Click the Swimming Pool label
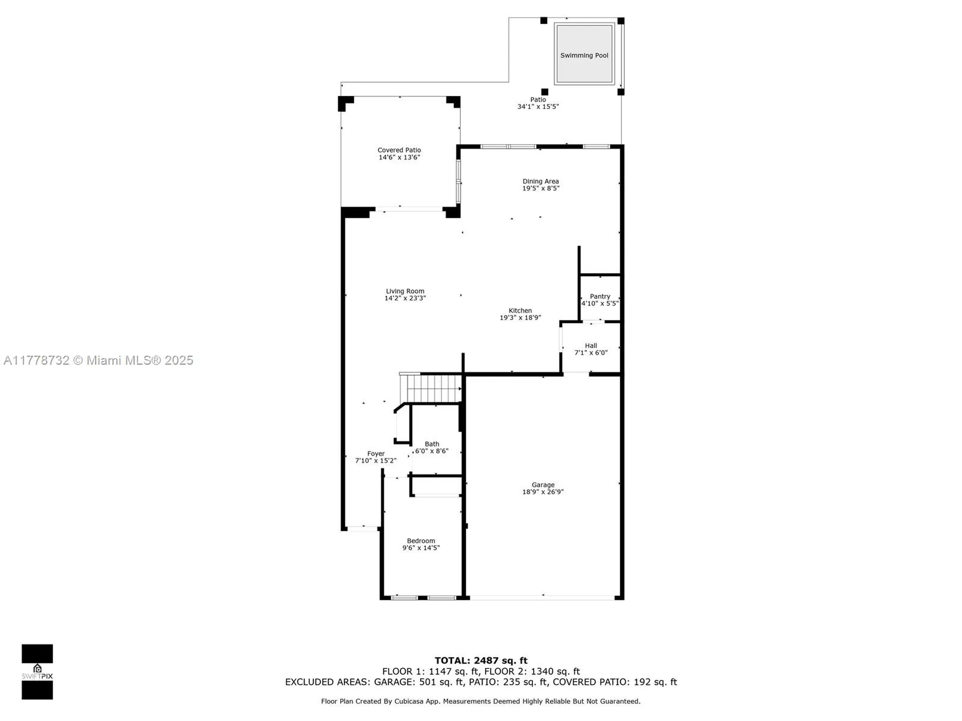tap(584, 56)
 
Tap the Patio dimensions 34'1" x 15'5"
tap(538, 107)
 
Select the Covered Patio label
tap(399, 150)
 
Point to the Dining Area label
tap(540, 181)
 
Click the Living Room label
tap(405, 291)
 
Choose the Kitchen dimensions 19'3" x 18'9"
tap(520, 317)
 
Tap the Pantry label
tap(600, 296)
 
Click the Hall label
tap(591, 345)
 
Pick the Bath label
tap(432, 444)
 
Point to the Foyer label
tap(376, 454)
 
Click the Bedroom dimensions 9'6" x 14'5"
tap(421, 548)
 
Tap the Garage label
tap(543, 485)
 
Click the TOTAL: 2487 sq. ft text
tap(480, 660)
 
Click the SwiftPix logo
tap(37, 671)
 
